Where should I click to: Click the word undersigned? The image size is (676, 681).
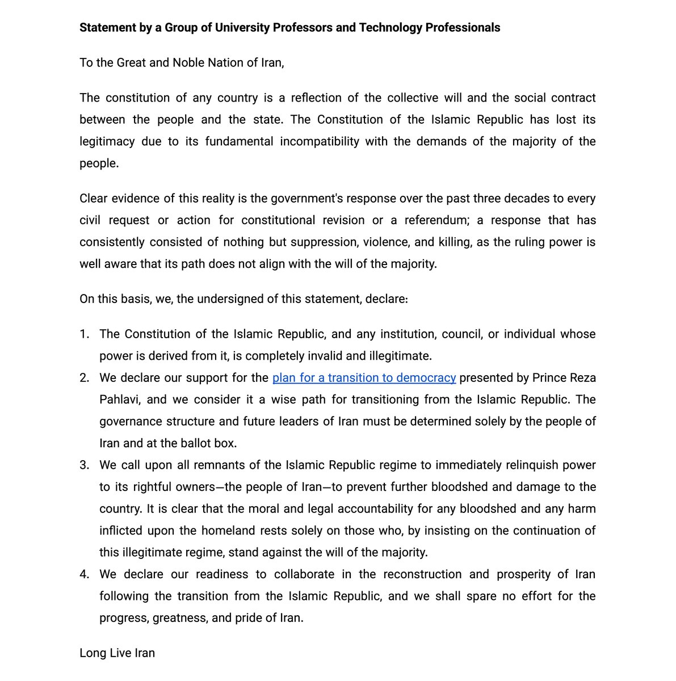(223, 299)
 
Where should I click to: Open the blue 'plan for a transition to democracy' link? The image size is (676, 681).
(364, 378)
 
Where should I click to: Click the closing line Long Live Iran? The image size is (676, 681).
(117, 653)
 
